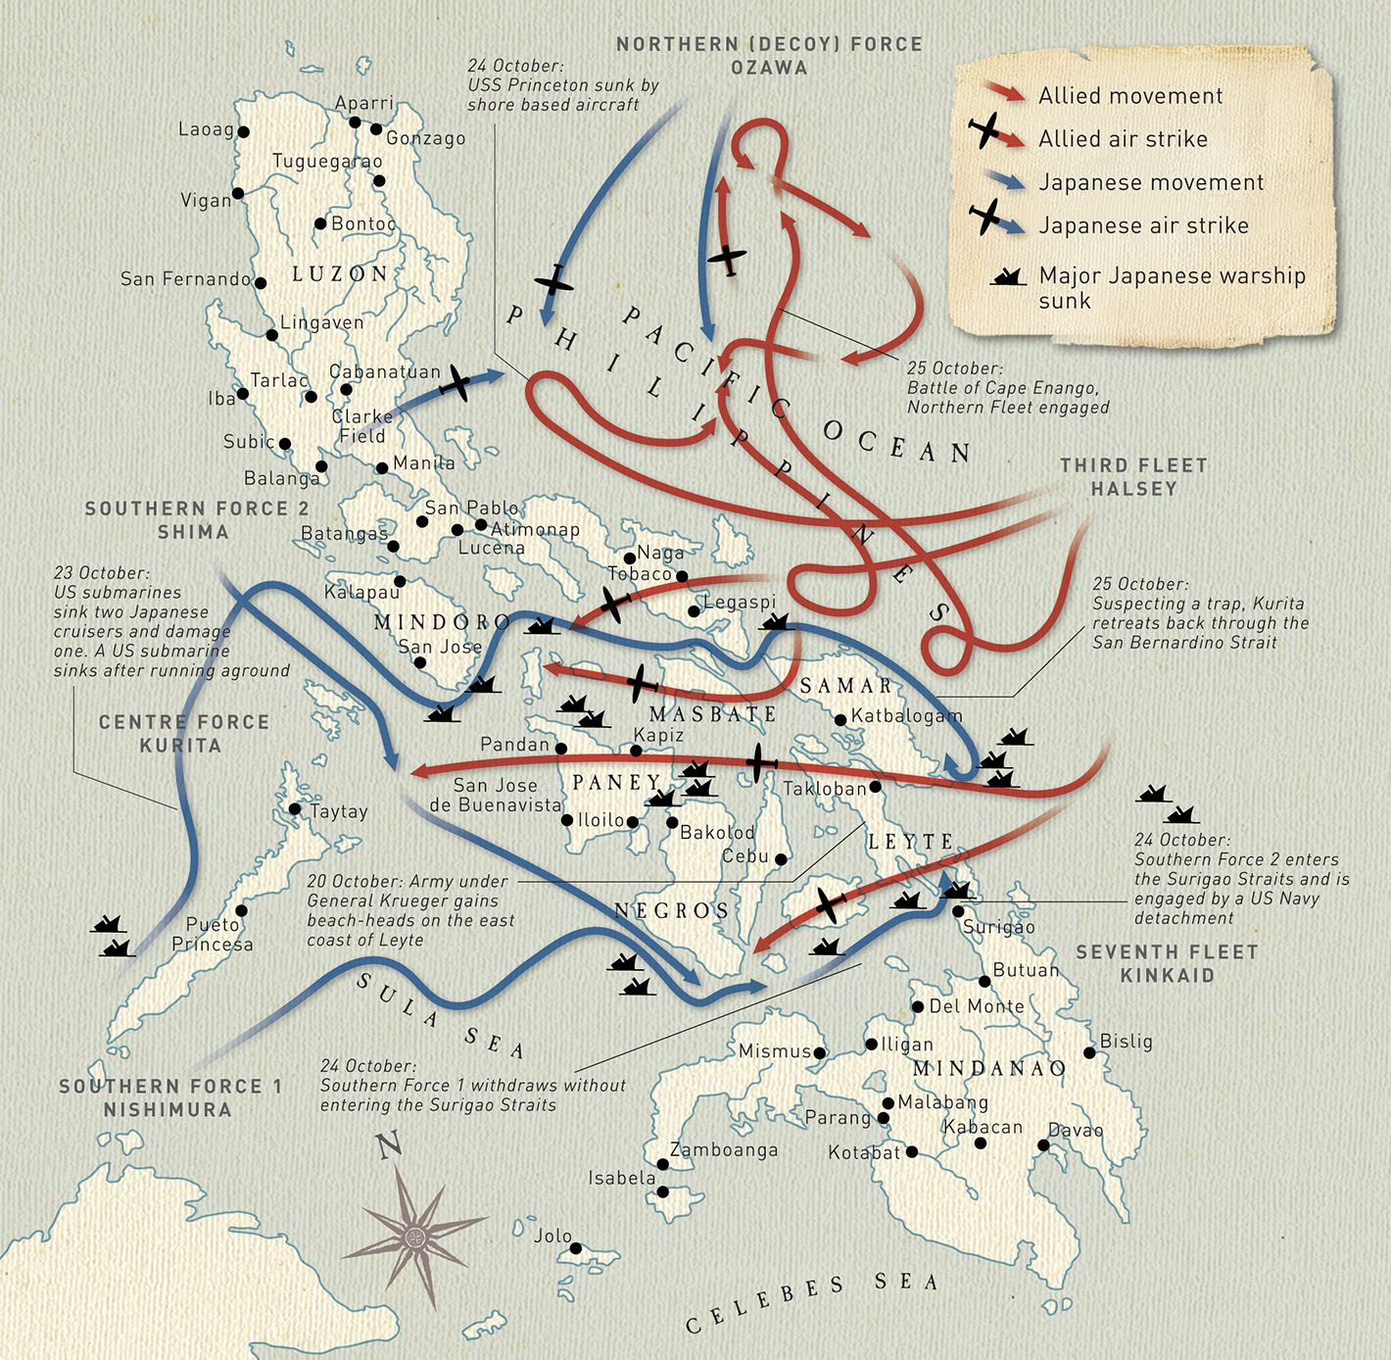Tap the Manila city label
tap(423, 462)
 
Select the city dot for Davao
tap(1043, 1144)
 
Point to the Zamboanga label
tap(723, 1150)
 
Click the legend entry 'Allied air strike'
tap(1123, 139)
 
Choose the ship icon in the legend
tap(1008, 277)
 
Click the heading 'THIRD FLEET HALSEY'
tap(1133, 477)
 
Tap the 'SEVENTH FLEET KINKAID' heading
tap(1167, 964)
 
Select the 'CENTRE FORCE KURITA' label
tap(183, 734)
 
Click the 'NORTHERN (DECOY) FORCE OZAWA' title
tap(769, 56)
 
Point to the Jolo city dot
tap(576, 1248)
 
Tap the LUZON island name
tap(340, 274)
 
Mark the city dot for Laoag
tap(243, 132)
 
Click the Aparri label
tap(363, 104)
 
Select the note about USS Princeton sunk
tap(562, 85)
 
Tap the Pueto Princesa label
tap(213, 935)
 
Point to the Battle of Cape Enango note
tap(1007, 388)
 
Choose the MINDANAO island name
tap(988, 1069)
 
